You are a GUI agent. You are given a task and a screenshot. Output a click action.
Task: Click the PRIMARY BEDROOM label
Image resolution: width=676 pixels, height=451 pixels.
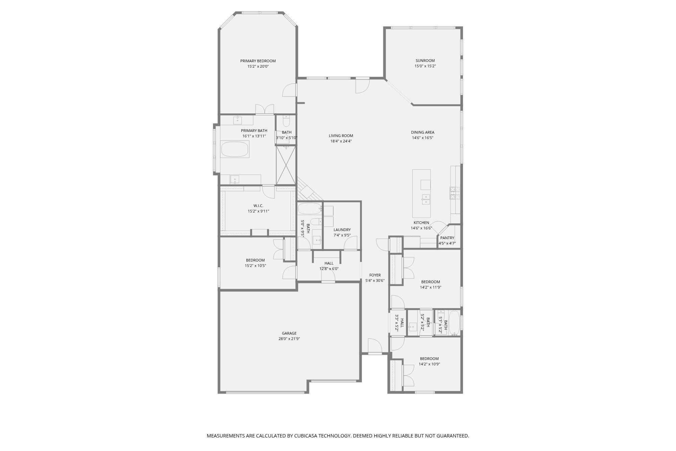click(x=258, y=61)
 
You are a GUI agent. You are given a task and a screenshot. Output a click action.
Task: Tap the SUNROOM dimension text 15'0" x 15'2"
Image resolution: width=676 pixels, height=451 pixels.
click(x=425, y=66)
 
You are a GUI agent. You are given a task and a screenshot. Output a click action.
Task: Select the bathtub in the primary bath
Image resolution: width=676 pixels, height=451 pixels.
click(x=235, y=149)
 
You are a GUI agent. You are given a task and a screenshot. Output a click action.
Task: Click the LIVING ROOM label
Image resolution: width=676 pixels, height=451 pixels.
click(x=341, y=136)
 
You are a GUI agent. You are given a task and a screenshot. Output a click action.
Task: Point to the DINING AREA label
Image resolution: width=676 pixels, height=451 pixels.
click(x=422, y=132)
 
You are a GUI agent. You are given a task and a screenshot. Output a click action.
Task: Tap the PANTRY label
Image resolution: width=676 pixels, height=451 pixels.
click(x=447, y=238)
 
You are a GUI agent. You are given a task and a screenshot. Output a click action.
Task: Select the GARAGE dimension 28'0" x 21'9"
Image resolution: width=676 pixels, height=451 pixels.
click(x=289, y=339)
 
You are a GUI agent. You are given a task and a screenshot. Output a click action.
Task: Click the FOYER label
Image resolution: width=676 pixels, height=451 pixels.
click(x=375, y=275)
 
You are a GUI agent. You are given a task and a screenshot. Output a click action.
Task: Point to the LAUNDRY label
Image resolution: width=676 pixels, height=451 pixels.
click(x=342, y=230)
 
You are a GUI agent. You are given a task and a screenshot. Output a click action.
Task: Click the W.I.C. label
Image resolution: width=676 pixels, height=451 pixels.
click(x=258, y=206)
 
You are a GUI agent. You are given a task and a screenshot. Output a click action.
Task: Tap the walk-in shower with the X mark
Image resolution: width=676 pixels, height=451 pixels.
click(x=286, y=165)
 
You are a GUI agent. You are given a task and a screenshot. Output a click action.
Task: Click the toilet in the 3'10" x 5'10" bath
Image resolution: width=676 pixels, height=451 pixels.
click(x=286, y=121)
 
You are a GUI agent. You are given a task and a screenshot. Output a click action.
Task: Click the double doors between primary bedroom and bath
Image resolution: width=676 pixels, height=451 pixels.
click(x=264, y=109)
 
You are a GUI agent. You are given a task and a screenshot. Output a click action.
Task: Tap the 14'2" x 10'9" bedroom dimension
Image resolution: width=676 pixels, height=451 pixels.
click(x=429, y=364)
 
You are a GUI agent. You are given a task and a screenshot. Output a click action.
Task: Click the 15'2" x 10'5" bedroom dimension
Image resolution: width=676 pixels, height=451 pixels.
click(x=255, y=266)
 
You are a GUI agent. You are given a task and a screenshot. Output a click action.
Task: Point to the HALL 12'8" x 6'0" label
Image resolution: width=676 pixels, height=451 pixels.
click(x=329, y=263)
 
